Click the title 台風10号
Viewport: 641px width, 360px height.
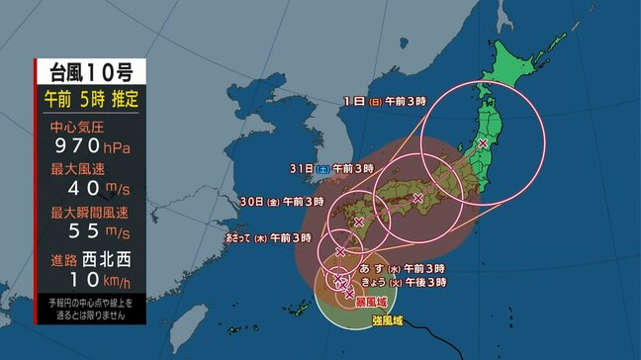click(x=89, y=71)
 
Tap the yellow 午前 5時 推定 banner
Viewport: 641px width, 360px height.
click(x=89, y=100)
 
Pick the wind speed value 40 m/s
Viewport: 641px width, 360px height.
click(x=89, y=189)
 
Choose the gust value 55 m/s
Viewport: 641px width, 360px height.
click(x=89, y=231)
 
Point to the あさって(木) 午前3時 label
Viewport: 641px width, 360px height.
click(x=268, y=237)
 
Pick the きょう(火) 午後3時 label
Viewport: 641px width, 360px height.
click(x=409, y=283)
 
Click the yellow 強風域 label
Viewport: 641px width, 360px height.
click(x=386, y=320)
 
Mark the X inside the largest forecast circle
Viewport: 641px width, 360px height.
click(x=483, y=143)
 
